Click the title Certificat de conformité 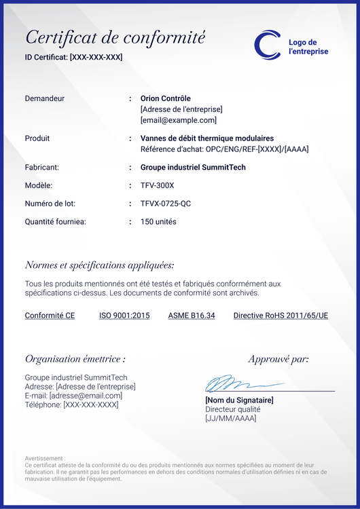click(x=115, y=37)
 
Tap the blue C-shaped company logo click(x=267, y=44)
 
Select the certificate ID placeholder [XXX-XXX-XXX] click(x=96, y=57)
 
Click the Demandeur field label click(x=45, y=98)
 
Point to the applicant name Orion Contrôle click(x=165, y=98)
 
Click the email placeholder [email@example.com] click(x=178, y=120)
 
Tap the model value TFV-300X click(x=157, y=185)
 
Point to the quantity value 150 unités click(x=158, y=222)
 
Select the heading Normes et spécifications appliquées click(x=99, y=265)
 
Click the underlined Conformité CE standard click(x=50, y=316)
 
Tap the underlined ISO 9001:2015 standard click(x=124, y=316)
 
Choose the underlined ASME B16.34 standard click(x=192, y=316)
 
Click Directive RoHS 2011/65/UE click(x=281, y=316)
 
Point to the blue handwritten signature click(x=231, y=384)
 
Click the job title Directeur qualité click(x=233, y=409)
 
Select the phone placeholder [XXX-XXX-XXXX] click(x=90, y=404)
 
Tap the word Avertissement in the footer click(x=45, y=458)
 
